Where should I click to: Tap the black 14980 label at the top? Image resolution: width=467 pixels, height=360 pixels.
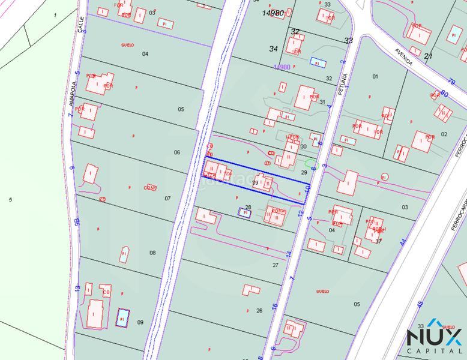[x=273, y=13]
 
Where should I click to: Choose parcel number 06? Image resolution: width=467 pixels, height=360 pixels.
[x=177, y=152]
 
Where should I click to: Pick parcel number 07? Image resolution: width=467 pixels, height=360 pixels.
[x=167, y=198]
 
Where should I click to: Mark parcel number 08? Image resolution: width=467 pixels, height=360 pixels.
[x=152, y=253]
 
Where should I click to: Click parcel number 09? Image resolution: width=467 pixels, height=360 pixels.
[x=140, y=322]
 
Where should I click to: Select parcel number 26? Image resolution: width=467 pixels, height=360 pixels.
[x=259, y=310]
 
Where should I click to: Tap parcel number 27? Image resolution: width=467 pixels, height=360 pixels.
[x=276, y=265]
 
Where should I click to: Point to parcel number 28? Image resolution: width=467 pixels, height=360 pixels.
[x=248, y=207]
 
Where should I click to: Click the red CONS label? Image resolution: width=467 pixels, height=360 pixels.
[x=150, y=188]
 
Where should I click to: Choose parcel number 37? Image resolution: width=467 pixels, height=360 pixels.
[x=378, y=241]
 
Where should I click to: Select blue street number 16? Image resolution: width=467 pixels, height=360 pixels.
[x=274, y=306]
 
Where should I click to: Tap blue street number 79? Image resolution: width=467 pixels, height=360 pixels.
[x=451, y=82]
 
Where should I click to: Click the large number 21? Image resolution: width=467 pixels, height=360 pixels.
[x=428, y=56]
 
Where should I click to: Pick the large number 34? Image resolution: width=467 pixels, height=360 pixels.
[x=274, y=49]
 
